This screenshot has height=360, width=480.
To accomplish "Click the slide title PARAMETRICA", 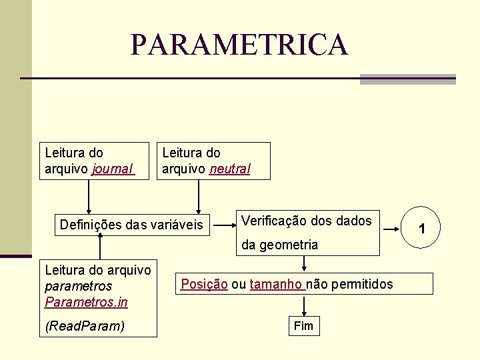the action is [239, 45].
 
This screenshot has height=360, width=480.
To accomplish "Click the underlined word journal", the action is [113, 169].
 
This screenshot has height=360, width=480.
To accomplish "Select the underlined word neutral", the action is [230, 169].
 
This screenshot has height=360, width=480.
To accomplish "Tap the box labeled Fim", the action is [303, 326].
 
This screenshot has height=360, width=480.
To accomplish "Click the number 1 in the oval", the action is [421, 229].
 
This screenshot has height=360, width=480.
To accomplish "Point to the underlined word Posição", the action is [204, 285].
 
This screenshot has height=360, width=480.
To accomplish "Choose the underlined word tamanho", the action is [276, 285].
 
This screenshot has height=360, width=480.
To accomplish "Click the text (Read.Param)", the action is [84, 327].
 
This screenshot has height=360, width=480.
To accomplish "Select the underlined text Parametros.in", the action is [86, 303].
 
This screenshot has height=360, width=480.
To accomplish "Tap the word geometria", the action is [289, 245].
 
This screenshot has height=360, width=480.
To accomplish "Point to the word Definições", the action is [89, 225].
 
